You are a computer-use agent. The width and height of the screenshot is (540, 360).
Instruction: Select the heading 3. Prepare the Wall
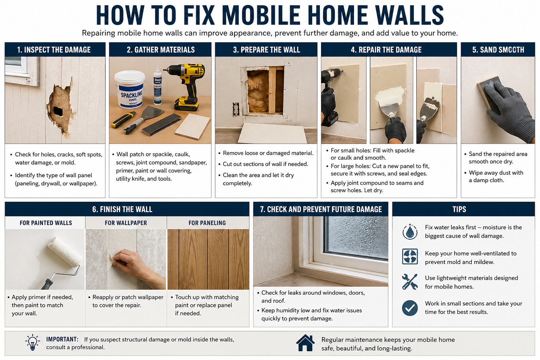pos(266,50)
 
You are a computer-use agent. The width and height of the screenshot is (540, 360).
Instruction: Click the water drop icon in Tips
pos(410,232)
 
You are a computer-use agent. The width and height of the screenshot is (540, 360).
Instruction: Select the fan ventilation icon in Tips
pos(410,257)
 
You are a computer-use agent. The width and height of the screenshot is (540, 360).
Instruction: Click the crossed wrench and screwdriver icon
pos(410,282)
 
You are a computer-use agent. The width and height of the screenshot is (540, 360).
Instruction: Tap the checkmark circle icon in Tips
pos(410,308)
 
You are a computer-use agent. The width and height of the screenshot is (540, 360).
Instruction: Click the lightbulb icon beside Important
pos(32,342)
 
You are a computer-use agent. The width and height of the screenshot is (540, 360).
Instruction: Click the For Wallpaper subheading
pos(126,223)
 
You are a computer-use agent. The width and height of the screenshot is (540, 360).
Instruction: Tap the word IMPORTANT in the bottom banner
pos(62,339)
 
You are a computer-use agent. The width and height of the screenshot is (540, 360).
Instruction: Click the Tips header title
pos(459,210)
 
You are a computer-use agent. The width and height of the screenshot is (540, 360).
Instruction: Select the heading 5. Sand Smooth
pos(498,50)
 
